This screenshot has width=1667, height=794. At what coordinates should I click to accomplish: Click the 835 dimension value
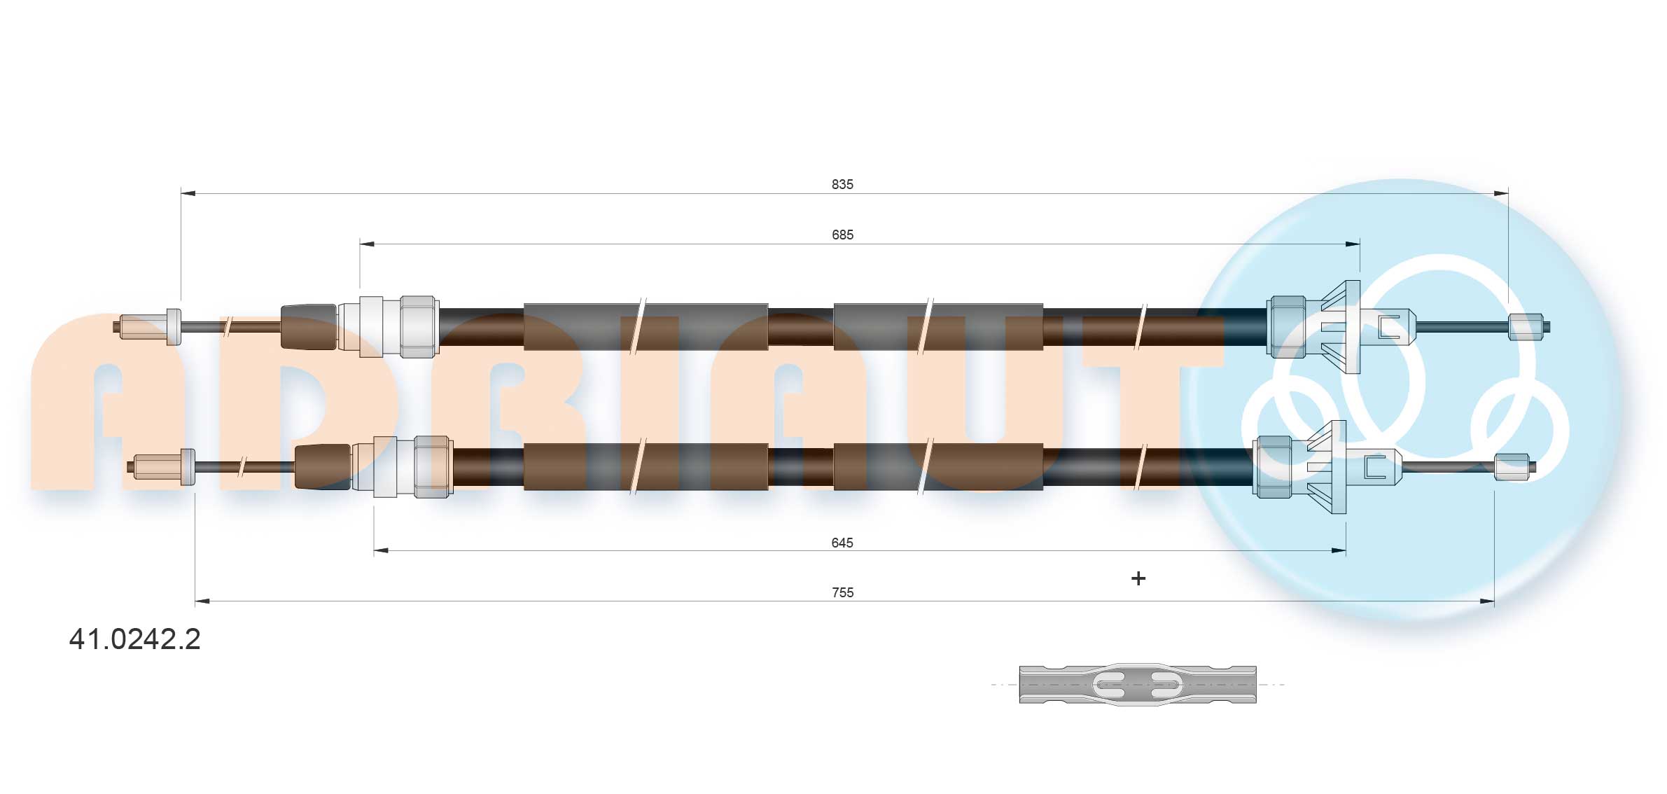coord(842,184)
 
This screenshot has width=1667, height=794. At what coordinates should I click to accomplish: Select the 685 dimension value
coord(842,235)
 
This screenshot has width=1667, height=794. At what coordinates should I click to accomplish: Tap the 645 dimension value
coord(842,543)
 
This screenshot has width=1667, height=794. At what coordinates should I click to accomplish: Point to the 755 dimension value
coord(842,592)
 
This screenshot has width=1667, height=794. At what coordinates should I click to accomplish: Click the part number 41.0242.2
coord(134,639)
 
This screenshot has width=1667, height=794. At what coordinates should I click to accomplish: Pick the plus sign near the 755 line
coord(1138,578)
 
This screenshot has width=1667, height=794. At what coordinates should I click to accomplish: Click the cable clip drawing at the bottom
coord(1137,684)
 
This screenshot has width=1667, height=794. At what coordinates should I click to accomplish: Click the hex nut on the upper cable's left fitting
coord(419,326)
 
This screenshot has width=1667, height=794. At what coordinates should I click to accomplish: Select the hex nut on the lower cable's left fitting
coord(433,466)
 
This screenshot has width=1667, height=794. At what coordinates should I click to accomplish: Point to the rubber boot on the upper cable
coord(308,326)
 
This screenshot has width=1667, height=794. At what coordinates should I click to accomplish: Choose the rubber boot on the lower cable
coord(322,466)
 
